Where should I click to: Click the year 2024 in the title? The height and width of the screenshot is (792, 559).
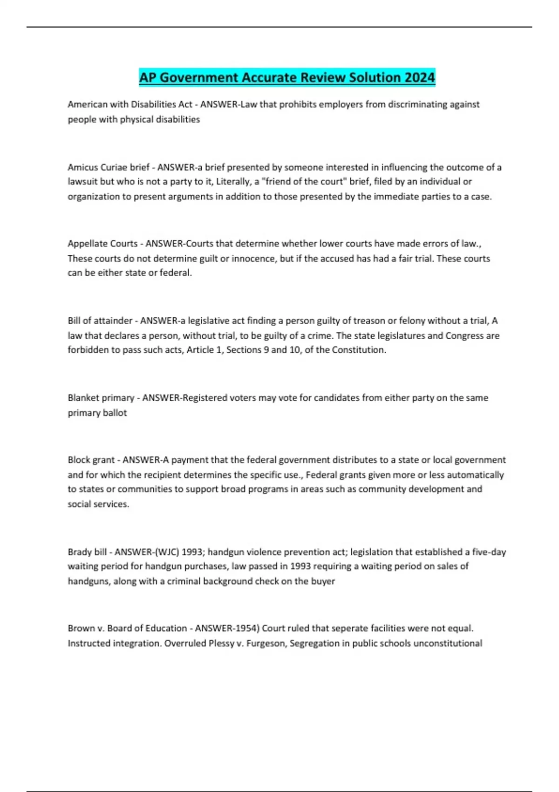419,77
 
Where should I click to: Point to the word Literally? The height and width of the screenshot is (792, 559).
233,182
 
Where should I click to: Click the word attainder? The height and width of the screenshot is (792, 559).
113,321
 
